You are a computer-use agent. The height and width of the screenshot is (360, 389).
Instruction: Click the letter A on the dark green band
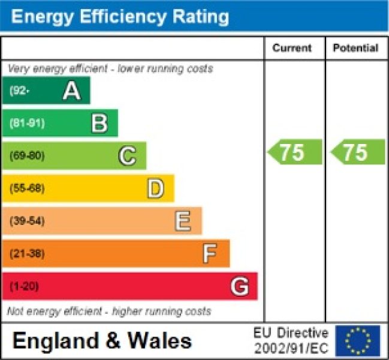click(x=71, y=91)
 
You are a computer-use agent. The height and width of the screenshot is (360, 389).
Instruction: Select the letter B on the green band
click(x=99, y=124)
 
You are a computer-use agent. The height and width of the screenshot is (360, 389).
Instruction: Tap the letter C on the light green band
click(x=127, y=156)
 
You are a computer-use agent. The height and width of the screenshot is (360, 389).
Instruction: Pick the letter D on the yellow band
click(x=155, y=189)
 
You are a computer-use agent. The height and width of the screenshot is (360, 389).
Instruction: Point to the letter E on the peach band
click(x=183, y=221)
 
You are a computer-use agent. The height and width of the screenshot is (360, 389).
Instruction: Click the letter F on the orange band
click(x=209, y=254)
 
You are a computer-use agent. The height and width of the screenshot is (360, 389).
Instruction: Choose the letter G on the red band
click(x=239, y=287)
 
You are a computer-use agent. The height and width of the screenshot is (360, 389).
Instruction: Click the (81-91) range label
click(x=27, y=124)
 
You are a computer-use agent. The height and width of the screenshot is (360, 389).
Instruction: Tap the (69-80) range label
click(x=27, y=156)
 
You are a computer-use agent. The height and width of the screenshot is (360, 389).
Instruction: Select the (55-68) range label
click(x=27, y=189)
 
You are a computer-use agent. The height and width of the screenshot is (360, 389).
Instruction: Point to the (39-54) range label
click(x=27, y=221)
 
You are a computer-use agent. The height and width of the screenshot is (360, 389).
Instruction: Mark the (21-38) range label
click(x=27, y=254)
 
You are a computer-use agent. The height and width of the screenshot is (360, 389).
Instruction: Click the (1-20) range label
click(x=24, y=287)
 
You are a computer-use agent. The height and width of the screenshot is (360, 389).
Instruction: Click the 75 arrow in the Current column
click(x=294, y=152)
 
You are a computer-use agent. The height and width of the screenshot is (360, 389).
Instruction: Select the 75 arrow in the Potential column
click(x=357, y=152)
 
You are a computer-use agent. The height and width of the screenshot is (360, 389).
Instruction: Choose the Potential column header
click(x=355, y=48)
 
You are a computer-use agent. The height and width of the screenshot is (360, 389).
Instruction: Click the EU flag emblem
click(x=357, y=341)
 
